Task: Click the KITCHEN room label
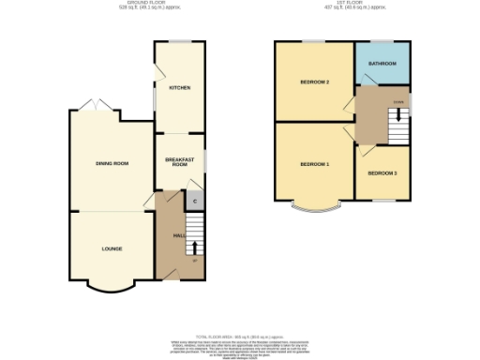pos(179,88)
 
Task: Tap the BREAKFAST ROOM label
pos(179,162)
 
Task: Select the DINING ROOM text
pos(112,163)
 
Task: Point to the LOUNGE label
pos(112,248)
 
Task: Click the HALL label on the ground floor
pos(164,235)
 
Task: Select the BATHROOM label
pos(382,64)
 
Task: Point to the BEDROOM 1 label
pos(314,164)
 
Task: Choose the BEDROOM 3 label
pos(382,173)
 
